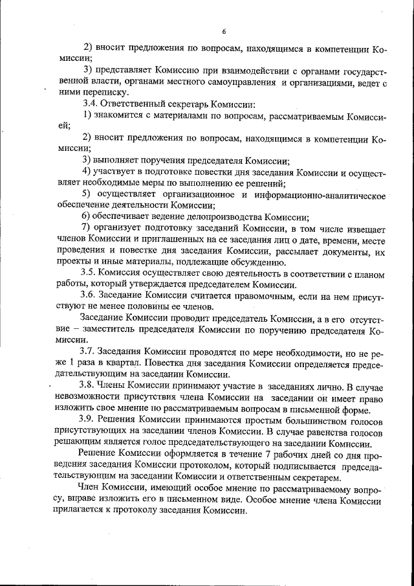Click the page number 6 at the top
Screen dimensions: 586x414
coord(223,31)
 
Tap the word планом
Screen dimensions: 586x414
coord(369,274)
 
